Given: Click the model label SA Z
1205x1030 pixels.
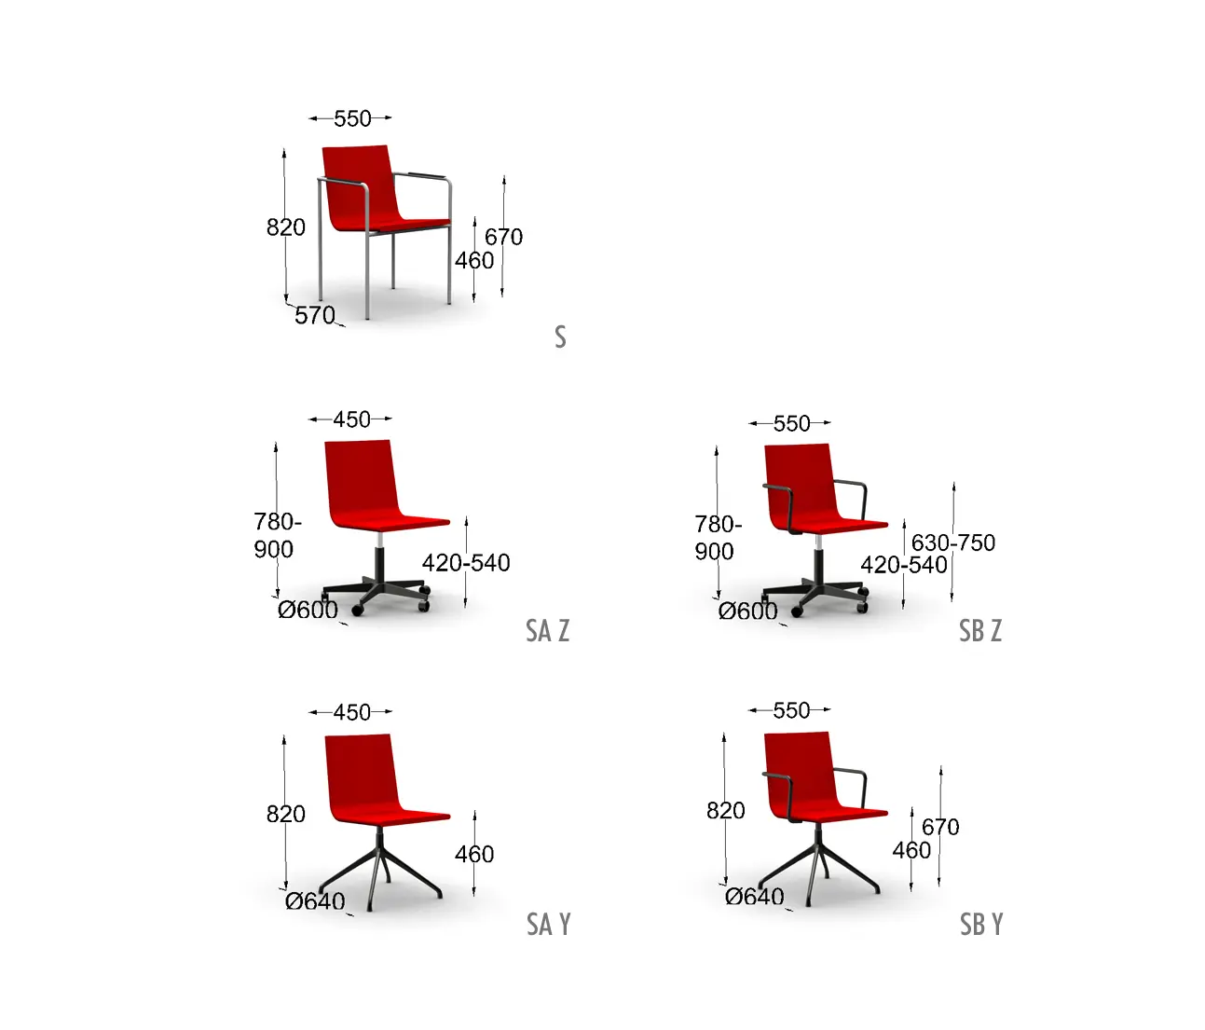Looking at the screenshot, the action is [x=547, y=631].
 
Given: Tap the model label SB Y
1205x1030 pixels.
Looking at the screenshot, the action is [x=981, y=925].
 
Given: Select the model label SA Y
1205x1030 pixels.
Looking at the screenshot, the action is [x=548, y=925].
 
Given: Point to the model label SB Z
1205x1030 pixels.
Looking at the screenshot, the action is [x=980, y=631].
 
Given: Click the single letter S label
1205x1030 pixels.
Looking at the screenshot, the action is [x=560, y=337].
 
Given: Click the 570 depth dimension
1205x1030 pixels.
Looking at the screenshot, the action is [x=315, y=316].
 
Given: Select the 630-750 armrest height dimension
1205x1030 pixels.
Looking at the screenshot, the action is [x=953, y=543].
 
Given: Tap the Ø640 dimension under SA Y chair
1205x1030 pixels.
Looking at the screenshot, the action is [x=315, y=901].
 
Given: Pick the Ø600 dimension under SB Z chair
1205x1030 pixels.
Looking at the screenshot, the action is [x=748, y=611].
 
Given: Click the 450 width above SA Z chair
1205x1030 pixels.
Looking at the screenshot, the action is [x=351, y=419].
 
